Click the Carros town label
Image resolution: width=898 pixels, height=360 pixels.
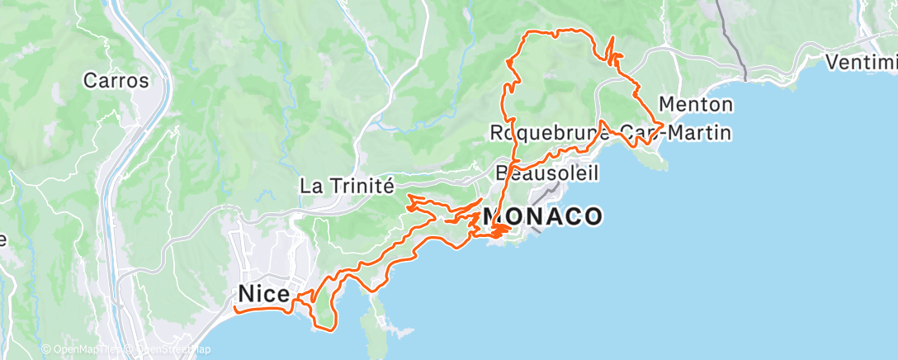tap(116, 81)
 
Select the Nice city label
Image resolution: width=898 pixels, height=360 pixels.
tap(263, 294)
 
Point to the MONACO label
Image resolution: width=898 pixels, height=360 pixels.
tap(542, 216)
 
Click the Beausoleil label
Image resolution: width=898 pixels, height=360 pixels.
tap(546, 173)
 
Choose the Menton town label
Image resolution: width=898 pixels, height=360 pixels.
tap(696, 105)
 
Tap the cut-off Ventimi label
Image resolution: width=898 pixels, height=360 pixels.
tap(862, 62)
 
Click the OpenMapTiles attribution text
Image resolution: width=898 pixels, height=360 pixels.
tap(82, 350)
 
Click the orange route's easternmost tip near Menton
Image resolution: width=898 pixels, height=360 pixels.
tap(664, 124)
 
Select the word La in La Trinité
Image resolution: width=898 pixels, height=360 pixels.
tap(310, 186)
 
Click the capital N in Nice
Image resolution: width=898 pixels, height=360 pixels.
tap(246, 294)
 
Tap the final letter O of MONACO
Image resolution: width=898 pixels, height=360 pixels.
tap(592, 216)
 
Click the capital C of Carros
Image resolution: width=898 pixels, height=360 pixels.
tap(91, 81)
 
